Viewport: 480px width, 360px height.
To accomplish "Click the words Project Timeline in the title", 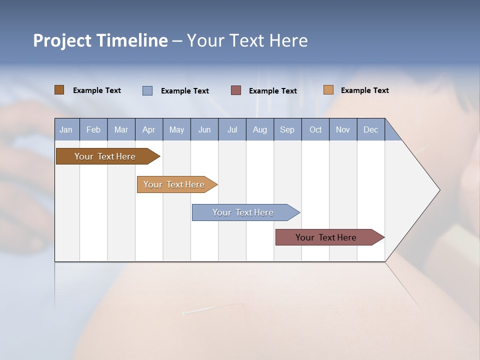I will [100, 40].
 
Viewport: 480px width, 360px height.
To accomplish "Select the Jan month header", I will [66, 129].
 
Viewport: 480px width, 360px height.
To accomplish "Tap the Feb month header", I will [93, 129].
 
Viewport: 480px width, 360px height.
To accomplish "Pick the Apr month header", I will [148, 129].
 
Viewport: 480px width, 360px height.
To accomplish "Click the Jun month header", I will [204, 129].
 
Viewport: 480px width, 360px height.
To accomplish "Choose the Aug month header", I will [259, 129].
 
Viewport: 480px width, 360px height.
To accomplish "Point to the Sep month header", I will [287, 129].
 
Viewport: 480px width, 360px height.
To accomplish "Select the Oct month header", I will [315, 129].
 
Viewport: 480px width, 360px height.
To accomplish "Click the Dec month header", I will [370, 129].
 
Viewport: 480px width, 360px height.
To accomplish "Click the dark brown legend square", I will [59, 90].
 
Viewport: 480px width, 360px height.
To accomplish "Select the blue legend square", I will [147, 90].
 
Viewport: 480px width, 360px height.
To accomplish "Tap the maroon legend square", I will [236, 90].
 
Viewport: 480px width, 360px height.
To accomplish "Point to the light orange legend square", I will [328, 90].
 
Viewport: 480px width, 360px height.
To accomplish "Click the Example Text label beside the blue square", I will [185, 91].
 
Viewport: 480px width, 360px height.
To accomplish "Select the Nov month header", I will [343, 129].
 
